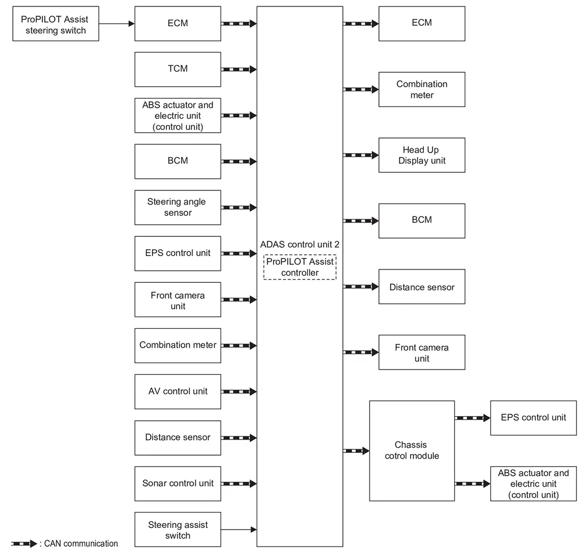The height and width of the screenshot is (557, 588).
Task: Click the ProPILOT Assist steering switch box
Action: (x=55, y=24)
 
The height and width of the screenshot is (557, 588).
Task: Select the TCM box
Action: (x=178, y=69)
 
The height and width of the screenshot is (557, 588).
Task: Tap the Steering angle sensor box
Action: (x=178, y=208)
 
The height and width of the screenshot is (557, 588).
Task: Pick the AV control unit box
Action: (x=178, y=392)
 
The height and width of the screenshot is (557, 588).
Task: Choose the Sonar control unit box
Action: (x=178, y=484)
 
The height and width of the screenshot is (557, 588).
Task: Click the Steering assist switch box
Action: (x=178, y=530)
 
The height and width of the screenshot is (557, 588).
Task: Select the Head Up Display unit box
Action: (x=422, y=155)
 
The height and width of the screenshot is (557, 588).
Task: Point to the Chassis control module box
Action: (x=412, y=451)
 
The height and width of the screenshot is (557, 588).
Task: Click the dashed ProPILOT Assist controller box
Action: (x=300, y=267)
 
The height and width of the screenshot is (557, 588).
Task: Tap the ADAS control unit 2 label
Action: (x=300, y=244)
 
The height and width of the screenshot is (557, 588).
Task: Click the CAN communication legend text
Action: (x=81, y=544)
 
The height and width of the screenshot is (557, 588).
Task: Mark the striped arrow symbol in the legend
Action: (x=24, y=544)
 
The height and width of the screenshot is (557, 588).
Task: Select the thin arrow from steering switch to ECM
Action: (x=116, y=24)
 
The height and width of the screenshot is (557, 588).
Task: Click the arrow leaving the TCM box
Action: (x=239, y=69)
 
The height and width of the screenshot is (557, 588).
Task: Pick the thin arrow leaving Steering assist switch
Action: (x=239, y=530)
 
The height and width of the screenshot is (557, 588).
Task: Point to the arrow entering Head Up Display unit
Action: (x=361, y=155)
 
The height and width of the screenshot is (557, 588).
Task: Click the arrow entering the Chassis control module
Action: (x=356, y=451)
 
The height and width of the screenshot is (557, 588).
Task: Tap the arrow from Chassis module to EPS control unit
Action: (x=473, y=418)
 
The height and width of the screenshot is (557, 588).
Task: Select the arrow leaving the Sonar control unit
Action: (x=239, y=484)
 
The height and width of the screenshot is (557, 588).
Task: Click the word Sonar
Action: (x=154, y=483)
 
